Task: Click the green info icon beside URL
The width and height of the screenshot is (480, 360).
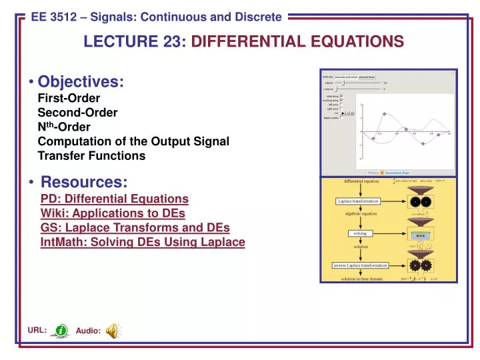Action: pos(61,330)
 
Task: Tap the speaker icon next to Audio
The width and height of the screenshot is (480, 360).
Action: pos(113,330)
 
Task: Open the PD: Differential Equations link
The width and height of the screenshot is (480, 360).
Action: pos(114,199)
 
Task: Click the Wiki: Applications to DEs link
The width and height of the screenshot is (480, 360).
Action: pos(112,213)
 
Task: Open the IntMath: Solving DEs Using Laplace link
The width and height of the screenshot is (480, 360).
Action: pos(143,243)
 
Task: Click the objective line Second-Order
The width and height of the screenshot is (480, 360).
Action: pos(77,113)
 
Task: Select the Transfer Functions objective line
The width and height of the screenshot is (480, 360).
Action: pos(91,156)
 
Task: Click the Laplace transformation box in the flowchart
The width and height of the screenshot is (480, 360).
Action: pos(358,201)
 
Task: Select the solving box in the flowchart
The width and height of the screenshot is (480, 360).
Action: pos(358,233)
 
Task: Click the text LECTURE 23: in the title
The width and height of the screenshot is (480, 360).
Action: pos(135,42)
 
